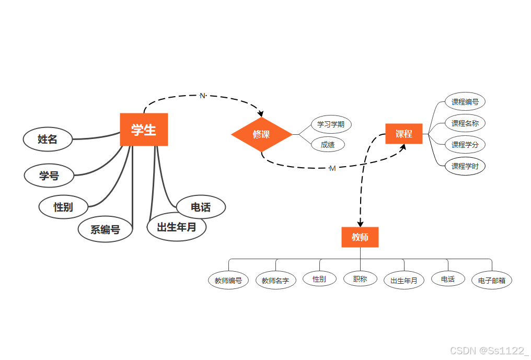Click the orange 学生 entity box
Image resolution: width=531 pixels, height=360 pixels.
[144, 130]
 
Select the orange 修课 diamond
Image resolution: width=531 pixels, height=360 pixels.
[261, 134]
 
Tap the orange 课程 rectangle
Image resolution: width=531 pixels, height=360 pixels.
[403, 134]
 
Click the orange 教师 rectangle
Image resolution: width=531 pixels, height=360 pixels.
[360, 237]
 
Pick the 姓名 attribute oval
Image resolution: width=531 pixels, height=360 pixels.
[48, 139]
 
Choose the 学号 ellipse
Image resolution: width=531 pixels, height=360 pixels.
[49, 176]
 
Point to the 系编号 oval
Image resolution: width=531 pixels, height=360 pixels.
[105, 229]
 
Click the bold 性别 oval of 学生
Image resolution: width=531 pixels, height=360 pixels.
[63, 207]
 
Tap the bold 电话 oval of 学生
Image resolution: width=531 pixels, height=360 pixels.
[201, 207]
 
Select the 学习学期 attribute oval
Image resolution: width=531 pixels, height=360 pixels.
[331, 124]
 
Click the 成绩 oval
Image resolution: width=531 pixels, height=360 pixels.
[328, 145]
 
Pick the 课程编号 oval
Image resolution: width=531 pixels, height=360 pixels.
[465, 102]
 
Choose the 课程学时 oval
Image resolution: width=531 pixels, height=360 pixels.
[465, 166]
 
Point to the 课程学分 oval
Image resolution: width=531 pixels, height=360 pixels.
[465, 144]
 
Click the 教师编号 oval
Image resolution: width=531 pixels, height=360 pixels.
[228, 281]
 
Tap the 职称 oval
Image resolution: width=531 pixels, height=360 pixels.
[360, 279]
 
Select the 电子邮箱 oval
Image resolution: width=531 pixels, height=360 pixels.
[492, 281]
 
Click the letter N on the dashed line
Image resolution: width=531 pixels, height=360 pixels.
[202, 96]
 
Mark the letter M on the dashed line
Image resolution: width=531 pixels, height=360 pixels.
[332, 168]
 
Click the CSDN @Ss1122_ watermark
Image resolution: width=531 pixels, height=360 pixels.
[489, 351]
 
